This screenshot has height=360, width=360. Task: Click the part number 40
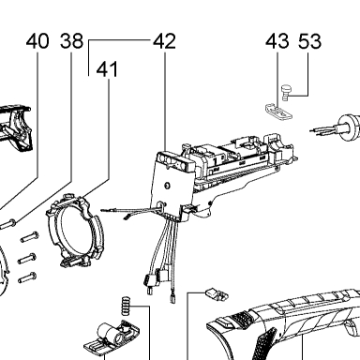point(37,41)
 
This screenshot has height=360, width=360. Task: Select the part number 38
point(72,41)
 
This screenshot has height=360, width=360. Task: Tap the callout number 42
point(164,41)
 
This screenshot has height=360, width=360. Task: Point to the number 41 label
point(107,69)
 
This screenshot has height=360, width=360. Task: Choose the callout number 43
point(277,41)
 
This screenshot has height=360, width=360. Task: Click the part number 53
point(309,41)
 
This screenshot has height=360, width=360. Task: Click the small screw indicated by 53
point(286,93)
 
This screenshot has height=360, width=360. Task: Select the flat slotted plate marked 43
point(278,112)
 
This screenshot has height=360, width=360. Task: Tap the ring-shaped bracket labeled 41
point(75,231)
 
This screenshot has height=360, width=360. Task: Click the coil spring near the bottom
point(126,306)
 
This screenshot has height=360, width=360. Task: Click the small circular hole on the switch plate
point(167,186)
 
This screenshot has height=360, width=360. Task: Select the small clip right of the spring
point(217,294)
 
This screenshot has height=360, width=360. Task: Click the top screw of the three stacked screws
point(30,236)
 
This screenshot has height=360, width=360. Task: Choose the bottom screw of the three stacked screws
point(27,277)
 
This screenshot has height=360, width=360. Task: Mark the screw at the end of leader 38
point(7,224)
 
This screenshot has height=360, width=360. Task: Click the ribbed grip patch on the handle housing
point(265,341)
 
